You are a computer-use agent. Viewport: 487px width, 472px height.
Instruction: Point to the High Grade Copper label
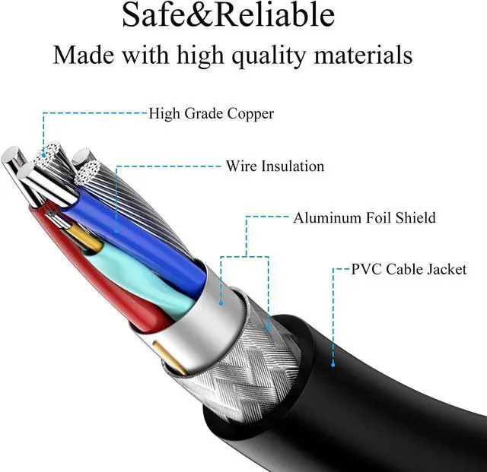(x=211, y=114)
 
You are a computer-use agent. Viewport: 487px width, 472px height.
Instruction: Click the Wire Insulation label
(x=275, y=166)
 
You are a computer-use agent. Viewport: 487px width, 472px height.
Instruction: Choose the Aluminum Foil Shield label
(x=364, y=218)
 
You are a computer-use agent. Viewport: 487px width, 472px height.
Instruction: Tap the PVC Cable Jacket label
(x=409, y=269)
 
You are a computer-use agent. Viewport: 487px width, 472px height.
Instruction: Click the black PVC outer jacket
(x=380, y=395)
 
